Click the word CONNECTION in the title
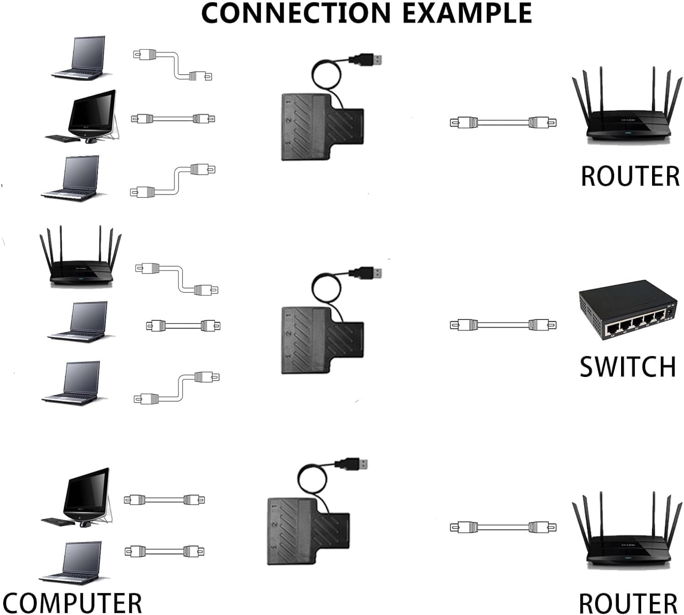(296, 13)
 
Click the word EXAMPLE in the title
(467, 13)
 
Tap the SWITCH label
(628, 367)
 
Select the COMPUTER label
(72, 603)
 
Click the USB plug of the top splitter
(365, 60)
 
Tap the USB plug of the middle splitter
(365, 273)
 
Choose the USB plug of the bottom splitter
(351, 464)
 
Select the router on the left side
(80, 256)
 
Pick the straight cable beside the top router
(503, 122)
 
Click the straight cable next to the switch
(503, 325)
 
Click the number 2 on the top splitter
(289, 120)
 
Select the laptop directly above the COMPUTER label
(72, 563)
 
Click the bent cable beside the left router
(176, 278)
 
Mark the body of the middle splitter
(322, 340)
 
